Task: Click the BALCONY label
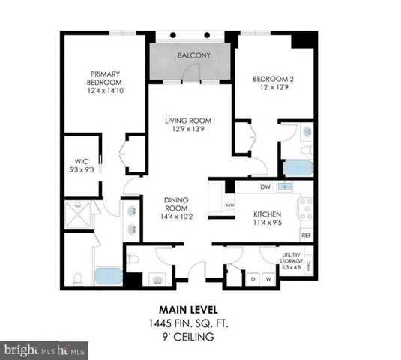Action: [193, 56]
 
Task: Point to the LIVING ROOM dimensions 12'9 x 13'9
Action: [188, 130]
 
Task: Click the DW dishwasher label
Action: [265, 187]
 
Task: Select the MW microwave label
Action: [231, 203]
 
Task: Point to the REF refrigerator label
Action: [306, 235]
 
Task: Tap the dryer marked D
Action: [253, 280]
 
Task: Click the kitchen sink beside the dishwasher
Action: [285, 187]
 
